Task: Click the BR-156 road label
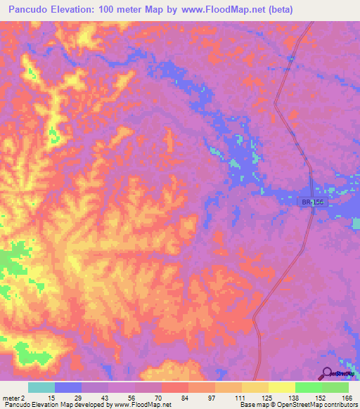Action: coord(314,202)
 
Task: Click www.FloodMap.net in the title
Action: coord(210,10)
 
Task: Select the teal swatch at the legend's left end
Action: coord(41,387)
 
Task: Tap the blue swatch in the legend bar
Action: coord(68,387)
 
